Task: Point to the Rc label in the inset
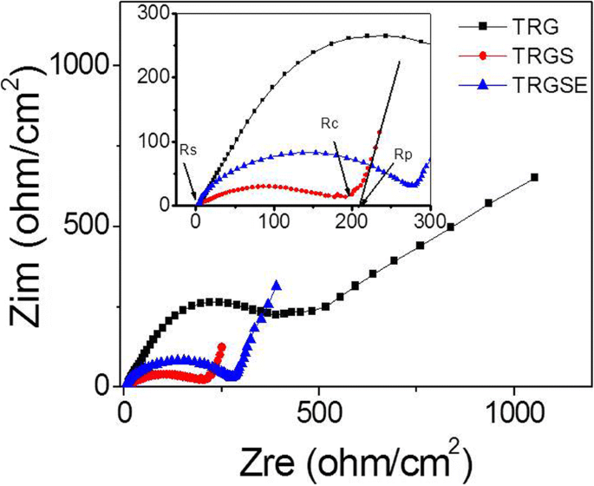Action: pos(330,123)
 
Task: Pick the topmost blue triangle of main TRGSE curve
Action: pos(277,284)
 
